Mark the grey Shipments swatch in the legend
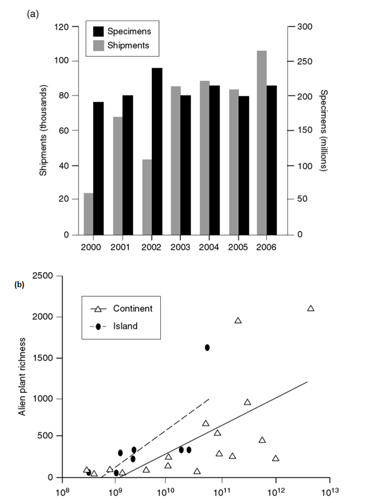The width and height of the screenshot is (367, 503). point(96,45)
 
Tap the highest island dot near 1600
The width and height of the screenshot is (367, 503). point(207,348)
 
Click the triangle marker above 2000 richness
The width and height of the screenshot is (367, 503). point(311,308)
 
